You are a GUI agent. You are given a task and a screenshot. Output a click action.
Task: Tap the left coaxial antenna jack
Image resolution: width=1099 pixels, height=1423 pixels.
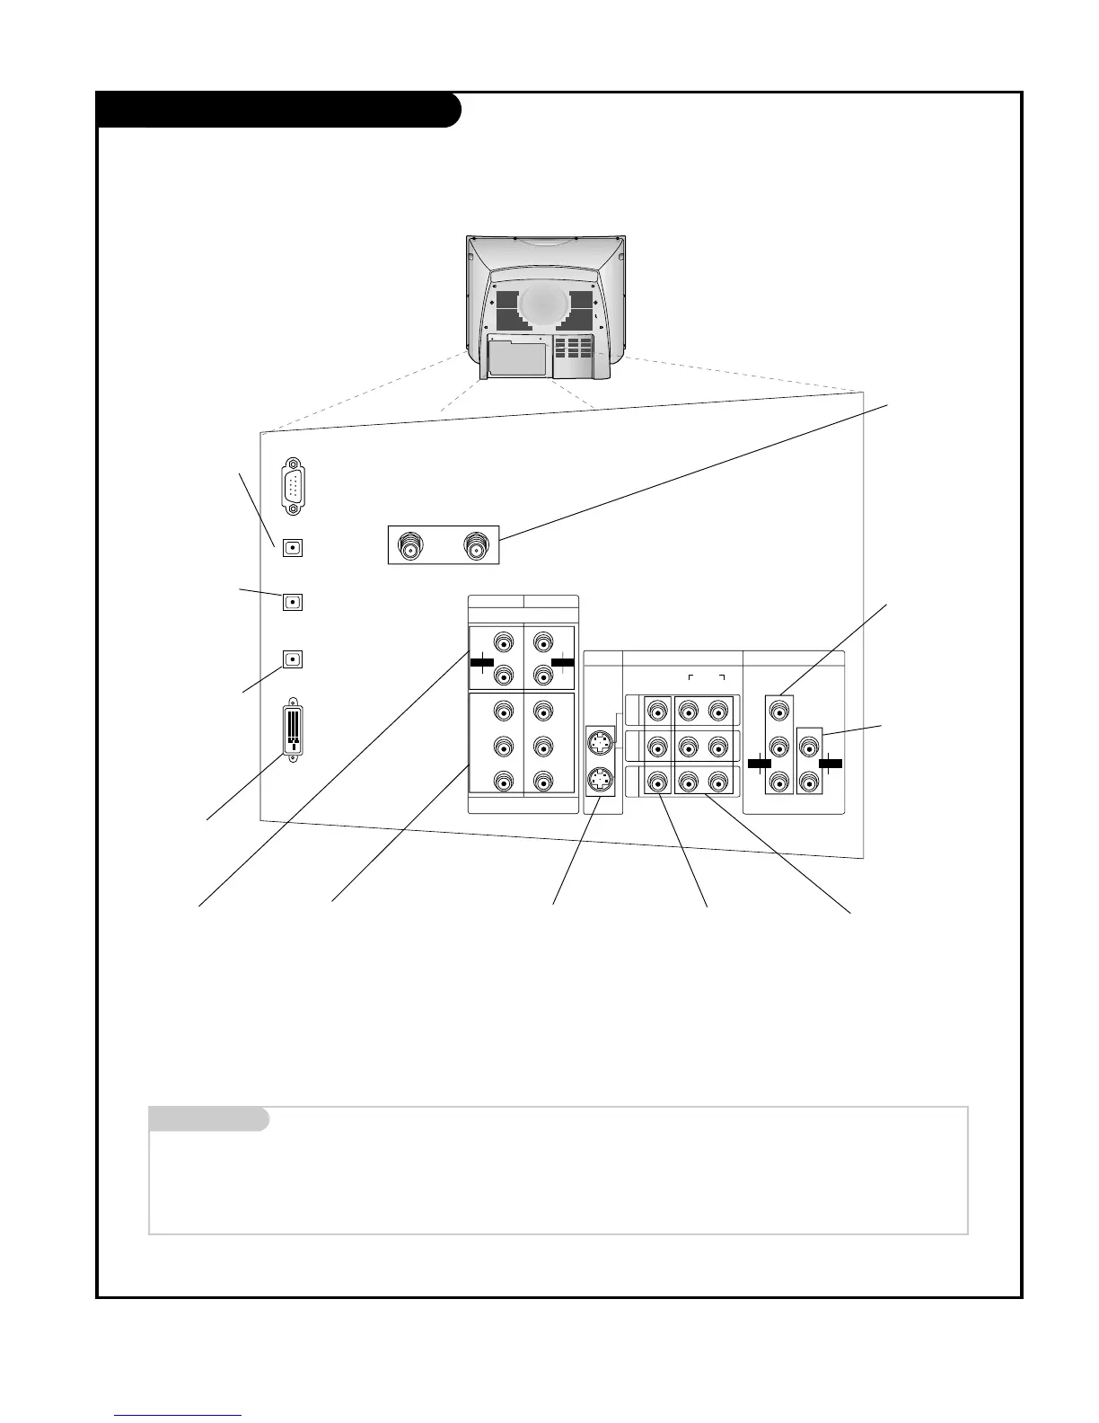pyautogui.click(x=411, y=546)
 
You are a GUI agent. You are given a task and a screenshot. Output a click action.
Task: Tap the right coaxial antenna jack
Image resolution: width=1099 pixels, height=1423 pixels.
pyautogui.click(x=475, y=546)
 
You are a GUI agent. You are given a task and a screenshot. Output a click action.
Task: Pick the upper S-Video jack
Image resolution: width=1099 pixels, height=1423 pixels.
pyautogui.click(x=599, y=744)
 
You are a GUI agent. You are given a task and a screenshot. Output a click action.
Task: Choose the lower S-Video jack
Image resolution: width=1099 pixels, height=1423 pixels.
pyautogui.click(x=599, y=780)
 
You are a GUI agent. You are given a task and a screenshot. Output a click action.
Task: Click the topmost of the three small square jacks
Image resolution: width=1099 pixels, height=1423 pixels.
pyautogui.click(x=292, y=546)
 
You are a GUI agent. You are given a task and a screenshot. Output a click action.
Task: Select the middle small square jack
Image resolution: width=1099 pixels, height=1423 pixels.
pyautogui.click(x=292, y=602)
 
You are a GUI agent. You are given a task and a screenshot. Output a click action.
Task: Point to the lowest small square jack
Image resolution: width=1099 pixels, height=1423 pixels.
pyautogui.click(x=292, y=658)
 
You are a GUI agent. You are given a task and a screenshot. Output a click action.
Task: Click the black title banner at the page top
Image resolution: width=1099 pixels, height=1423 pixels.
pyautogui.click(x=278, y=110)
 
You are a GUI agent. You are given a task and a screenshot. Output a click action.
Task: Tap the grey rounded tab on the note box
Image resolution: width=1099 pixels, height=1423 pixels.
pyautogui.click(x=208, y=1119)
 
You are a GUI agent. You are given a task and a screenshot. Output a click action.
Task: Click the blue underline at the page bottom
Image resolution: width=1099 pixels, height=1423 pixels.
pyautogui.click(x=178, y=1416)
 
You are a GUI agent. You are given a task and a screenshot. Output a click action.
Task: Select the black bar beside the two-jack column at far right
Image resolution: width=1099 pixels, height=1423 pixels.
pyautogui.click(x=830, y=763)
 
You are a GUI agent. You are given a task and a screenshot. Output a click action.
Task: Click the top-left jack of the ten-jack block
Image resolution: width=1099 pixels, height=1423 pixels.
pyautogui.click(x=504, y=643)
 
